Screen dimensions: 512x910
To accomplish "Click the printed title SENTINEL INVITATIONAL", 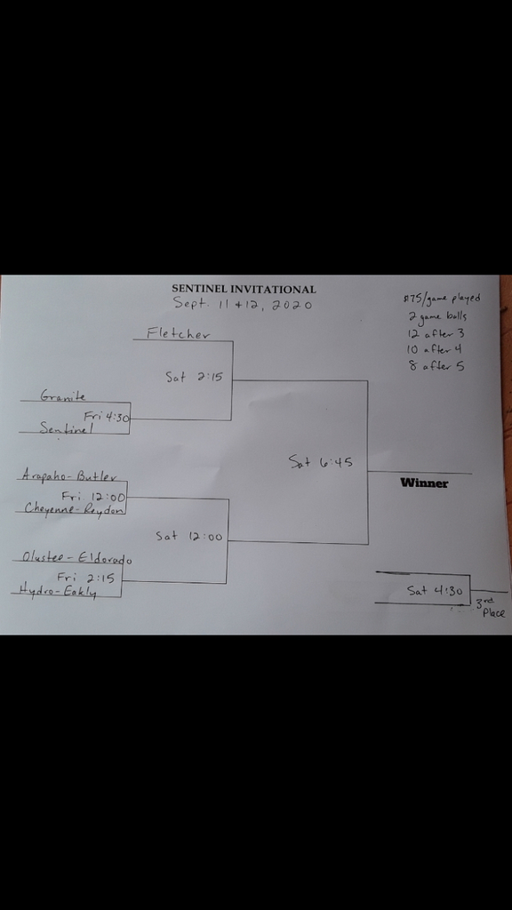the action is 244,289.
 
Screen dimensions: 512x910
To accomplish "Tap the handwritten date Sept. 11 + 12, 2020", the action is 243,304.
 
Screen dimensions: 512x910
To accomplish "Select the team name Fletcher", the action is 178,333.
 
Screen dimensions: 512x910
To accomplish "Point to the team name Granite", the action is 63,395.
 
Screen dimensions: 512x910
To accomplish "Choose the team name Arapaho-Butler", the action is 69,475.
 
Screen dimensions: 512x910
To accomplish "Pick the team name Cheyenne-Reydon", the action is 74,508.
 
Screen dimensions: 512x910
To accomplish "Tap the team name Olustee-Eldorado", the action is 76,558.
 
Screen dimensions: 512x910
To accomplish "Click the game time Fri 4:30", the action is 107,416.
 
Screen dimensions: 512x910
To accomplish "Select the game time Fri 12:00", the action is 93,496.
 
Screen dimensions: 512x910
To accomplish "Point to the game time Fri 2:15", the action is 85,578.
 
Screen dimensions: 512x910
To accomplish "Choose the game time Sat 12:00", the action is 188,536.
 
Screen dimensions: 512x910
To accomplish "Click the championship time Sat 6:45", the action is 320,462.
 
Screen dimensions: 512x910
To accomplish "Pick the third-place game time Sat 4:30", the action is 435,591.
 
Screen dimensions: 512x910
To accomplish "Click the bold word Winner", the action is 424,483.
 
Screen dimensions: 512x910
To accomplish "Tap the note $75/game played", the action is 442,299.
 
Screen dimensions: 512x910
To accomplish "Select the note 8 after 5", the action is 436,365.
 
